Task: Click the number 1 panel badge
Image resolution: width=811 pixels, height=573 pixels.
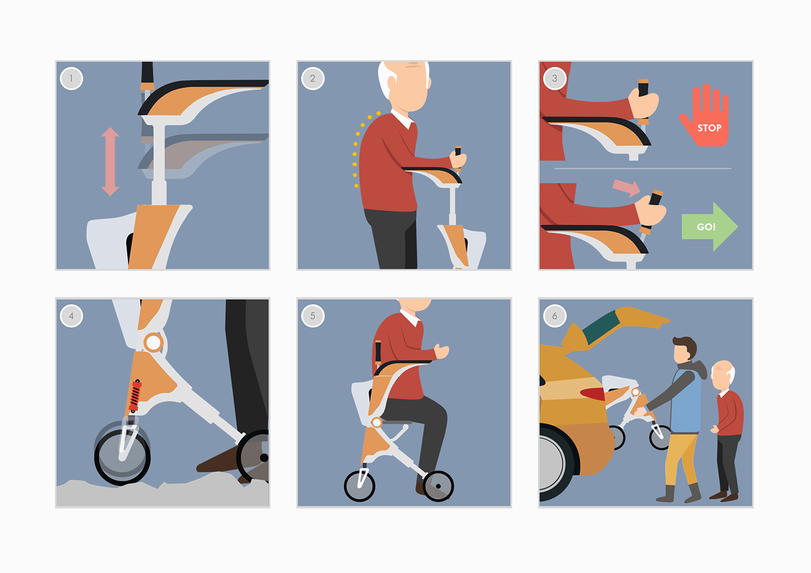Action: pos(71,79)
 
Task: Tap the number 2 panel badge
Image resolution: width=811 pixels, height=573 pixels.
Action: pos(313,79)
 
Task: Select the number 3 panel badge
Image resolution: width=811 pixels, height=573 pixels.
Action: pos(555,79)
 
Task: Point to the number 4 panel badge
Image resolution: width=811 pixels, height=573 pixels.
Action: pos(71,316)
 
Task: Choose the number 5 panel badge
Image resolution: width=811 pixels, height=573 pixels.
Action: pos(313,316)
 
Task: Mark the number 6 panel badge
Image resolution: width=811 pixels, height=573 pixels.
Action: pos(555,316)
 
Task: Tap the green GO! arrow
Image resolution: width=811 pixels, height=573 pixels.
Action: pos(710,227)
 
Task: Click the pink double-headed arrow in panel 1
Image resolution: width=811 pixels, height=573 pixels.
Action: pos(110,161)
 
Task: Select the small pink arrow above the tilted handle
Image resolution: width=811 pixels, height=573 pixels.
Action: pos(626,188)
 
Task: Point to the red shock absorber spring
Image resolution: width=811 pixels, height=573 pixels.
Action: pos(135,396)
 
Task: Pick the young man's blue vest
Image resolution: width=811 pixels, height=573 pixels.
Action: pos(686,402)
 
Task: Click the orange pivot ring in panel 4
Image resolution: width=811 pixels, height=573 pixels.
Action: pos(153,342)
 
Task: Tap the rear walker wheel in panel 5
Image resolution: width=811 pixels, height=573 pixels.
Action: pos(438,486)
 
